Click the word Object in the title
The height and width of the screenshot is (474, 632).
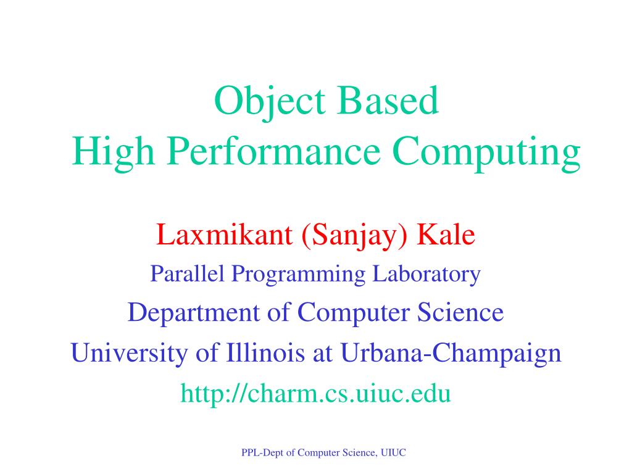(x=270, y=102)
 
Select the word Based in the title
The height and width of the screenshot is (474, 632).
(x=388, y=101)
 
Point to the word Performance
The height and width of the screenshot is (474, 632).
(x=273, y=151)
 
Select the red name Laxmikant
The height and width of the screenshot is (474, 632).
(x=224, y=235)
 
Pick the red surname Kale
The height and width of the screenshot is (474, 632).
(x=446, y=235)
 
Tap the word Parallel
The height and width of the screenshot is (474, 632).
(x=187, y=273)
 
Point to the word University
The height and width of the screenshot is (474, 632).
(x=129, y=354)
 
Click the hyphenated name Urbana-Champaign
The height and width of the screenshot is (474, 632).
(x=451, y=354)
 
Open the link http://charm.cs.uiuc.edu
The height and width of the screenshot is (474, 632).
(x=315, y=394)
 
